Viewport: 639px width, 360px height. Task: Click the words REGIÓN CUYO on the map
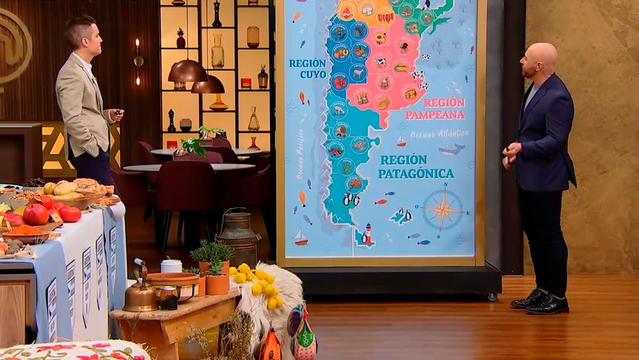(x=307, y=68)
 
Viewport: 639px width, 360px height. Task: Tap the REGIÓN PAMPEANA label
(x=435, y=109)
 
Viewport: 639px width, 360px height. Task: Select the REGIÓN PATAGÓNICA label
(x=417, y=166)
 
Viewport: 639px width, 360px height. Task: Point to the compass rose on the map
(x=442, y=209)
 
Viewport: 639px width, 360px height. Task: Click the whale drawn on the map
(x=451, y=149)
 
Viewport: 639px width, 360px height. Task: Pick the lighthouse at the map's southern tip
(x=368, y=234)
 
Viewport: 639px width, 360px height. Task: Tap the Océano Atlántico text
(x=440, y=135)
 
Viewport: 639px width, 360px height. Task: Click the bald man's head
(x=541, y=59)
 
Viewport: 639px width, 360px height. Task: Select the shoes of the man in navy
(x=538, y=301)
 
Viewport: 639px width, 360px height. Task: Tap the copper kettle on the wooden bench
(x=140, y=294)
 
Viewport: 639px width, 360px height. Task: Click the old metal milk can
(x=238, y=237)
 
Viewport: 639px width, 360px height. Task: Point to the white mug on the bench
(x=171, y=266)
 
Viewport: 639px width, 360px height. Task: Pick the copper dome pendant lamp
(x=187, y=71)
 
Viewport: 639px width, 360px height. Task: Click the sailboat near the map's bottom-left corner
(x=301, y=238)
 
